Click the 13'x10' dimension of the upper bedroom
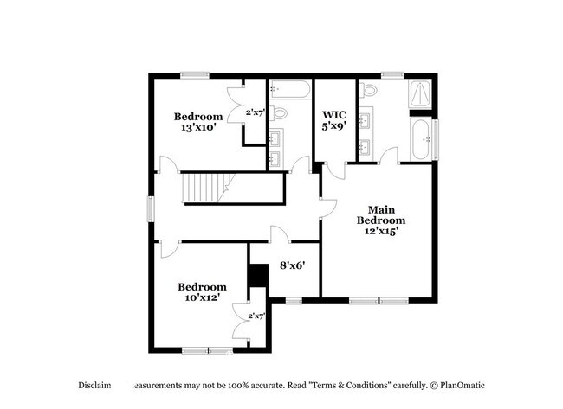(197, 128)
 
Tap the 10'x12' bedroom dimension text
(202, 298)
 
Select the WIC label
(334, 115)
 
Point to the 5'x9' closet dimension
(334, 126)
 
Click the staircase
(207, 187)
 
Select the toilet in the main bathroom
(370, 90)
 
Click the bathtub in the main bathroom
(420, 139)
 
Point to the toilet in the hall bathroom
(279, 113)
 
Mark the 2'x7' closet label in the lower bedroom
(256, 316)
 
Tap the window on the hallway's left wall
(150, 209)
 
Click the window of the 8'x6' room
(294, 301)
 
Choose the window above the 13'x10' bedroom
(192, 75)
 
